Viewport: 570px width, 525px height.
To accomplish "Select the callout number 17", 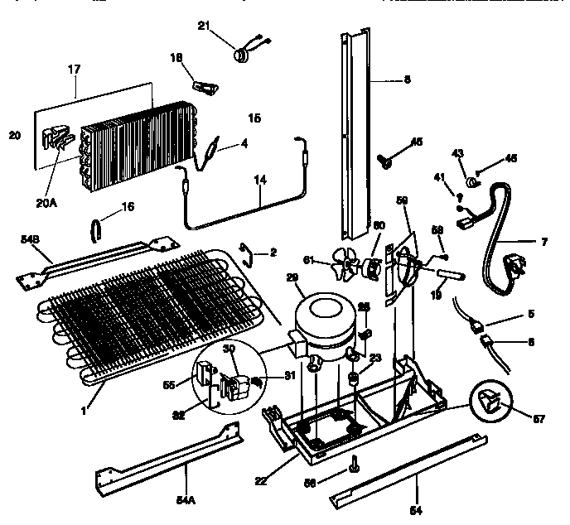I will tap(76, 70).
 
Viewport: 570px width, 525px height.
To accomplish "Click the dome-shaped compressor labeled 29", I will tap(319, 318).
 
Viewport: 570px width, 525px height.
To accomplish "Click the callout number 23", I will tap(375, 359).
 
